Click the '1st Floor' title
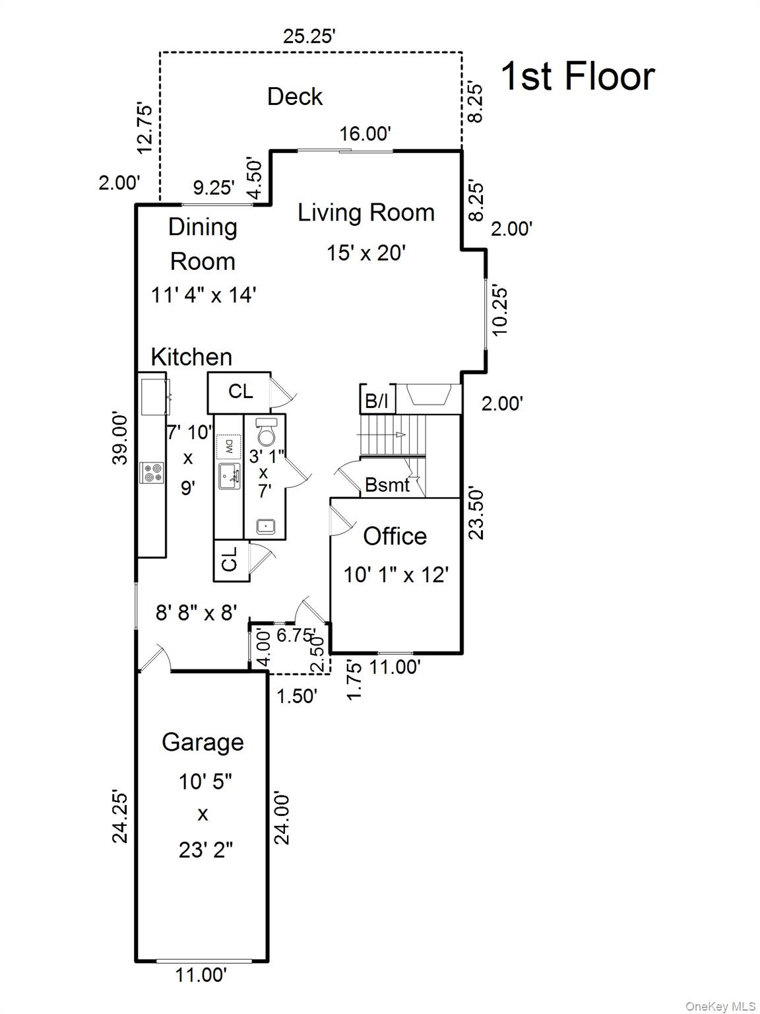[578, 76]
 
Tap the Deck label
[295, 97]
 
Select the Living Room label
[366, 213]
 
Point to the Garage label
[203, 742]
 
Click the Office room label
[395, 536]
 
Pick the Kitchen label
[191, 357]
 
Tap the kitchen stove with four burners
[152, 473]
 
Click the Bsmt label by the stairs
[387, 485]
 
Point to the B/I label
[377, 401]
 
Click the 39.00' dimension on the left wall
[120, 438]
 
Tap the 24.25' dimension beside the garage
[120, 816]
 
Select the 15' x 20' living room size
[365, 253]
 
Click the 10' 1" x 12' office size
[396, 575]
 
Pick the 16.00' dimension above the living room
[365, 134]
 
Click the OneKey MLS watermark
[720, 1006]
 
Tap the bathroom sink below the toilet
[266, 526]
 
